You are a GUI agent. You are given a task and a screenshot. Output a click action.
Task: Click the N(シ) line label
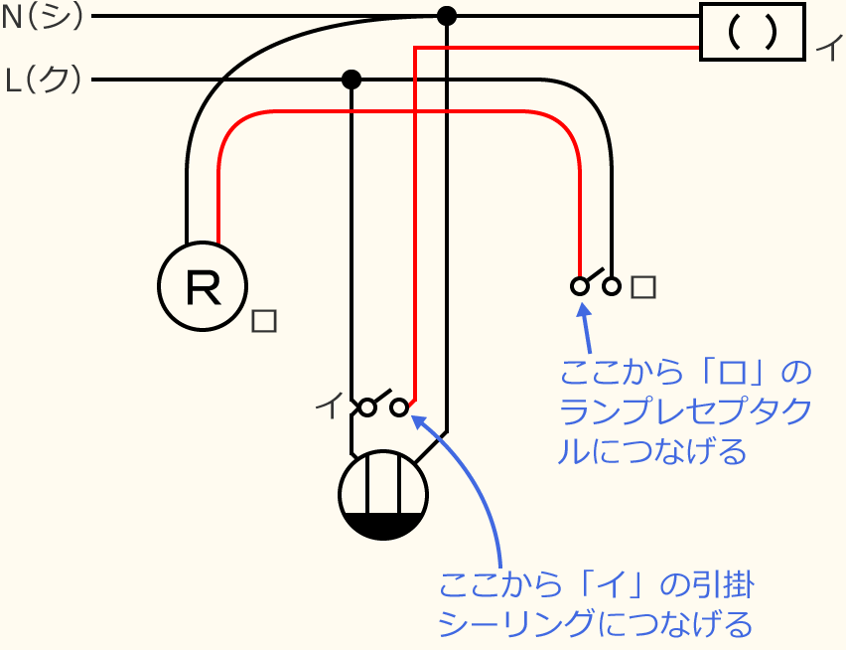pos(44,17)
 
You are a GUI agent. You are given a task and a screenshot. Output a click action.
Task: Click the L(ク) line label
pos(44,80)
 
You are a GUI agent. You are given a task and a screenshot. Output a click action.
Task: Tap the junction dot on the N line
pos(447,16)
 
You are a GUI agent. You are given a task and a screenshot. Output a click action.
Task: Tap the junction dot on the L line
pos(351,80)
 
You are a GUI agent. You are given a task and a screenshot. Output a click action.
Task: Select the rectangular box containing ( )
pos(752,32)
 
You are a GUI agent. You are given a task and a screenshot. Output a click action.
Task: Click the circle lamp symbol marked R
pos(202,286)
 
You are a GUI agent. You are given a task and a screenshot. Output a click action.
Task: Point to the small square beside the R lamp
pos(264,321)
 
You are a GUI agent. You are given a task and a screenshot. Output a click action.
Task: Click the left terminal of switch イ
pos(367,407)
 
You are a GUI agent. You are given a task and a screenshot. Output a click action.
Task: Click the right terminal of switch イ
pos(399,407)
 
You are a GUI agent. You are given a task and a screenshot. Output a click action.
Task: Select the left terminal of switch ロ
pos(579,286)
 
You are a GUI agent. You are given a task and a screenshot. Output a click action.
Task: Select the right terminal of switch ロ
pos(612,286)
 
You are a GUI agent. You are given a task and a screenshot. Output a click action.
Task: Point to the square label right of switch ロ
pos(643,287)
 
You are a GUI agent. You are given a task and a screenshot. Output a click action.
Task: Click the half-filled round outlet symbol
pos(382,495)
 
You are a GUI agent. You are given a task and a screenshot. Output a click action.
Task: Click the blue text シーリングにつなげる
pos(595,623)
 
